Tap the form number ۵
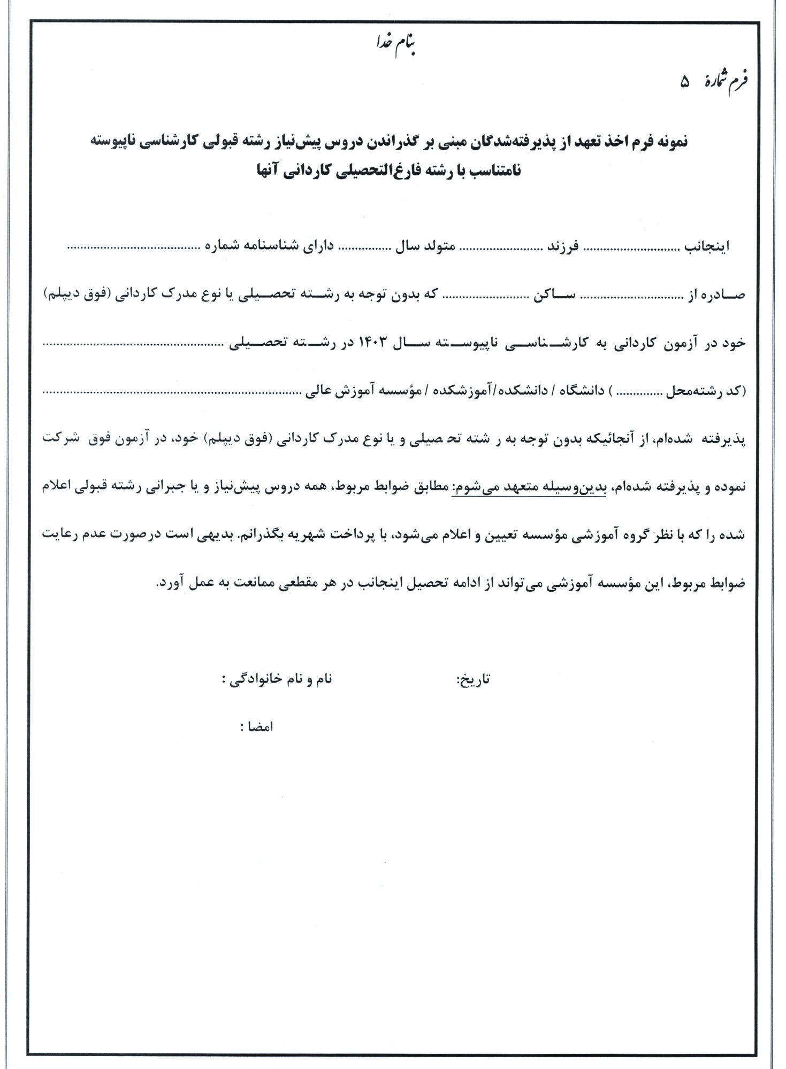click(x=685, y=82)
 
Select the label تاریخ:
click(x=474, y=680)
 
